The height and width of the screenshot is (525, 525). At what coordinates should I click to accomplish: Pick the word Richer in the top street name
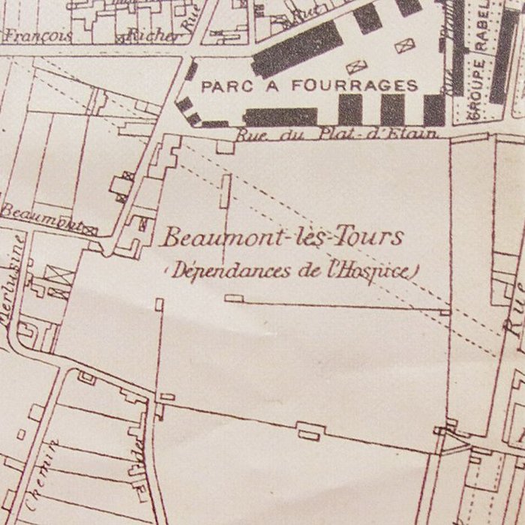pyautogui.click(x=153, y=35)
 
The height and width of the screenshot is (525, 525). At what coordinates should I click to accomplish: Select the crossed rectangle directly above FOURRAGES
pyautogui.click(x=355, y=66)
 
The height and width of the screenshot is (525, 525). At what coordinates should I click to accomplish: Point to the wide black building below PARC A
pyautogui.click(x=280, y=116)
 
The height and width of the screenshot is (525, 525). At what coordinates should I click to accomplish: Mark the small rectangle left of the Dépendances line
pyautogui.click(x=159, y=304)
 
